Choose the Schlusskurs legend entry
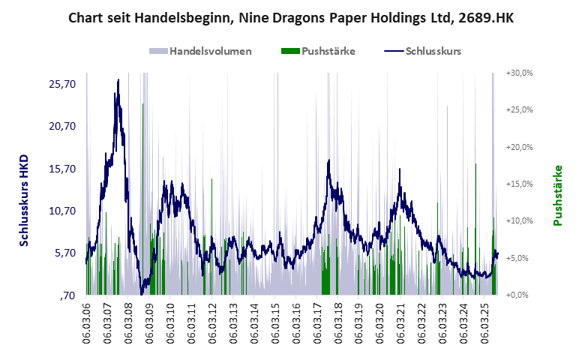(x=422, y=51)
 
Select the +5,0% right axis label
(x=520, y=258)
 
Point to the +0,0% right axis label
(x=520, y=295)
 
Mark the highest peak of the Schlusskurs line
(x=118, y=80)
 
